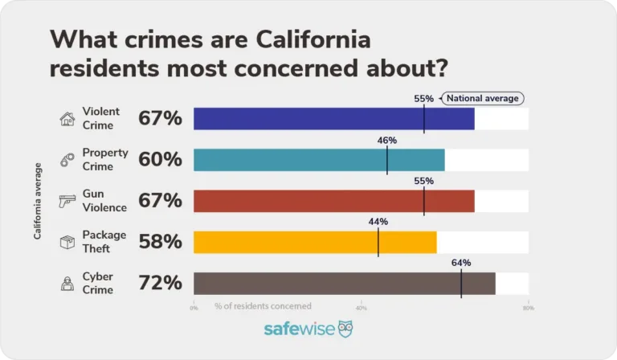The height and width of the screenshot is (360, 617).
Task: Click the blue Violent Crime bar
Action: [333, 119]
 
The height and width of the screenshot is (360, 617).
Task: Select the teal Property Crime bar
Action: [319, 160]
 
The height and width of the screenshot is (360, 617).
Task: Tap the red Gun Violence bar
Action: [333, 201]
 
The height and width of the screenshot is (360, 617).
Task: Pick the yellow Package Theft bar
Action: [315, 242]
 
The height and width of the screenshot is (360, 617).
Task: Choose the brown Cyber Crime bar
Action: [344, 283]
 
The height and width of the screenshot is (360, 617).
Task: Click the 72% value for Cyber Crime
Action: [161, 283]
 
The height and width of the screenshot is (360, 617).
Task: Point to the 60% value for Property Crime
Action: [161, 160]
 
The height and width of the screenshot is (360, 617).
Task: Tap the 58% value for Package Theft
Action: [161, 242]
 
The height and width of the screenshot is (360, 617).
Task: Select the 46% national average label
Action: [387, 140]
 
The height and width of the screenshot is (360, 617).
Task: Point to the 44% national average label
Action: [378, 222]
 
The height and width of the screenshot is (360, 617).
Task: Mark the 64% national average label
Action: [461, 263]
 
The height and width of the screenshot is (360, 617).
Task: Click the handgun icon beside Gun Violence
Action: [67, 202]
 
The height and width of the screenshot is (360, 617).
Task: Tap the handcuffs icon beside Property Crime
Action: [67, 161]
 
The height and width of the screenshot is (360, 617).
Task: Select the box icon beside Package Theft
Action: [67, 243]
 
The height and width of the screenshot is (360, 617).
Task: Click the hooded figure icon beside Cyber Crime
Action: [67, 283]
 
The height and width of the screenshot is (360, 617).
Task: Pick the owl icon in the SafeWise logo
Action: [345, 329]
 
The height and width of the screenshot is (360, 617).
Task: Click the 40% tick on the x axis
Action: [361, 307]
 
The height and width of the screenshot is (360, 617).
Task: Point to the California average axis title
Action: [38, 201]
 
